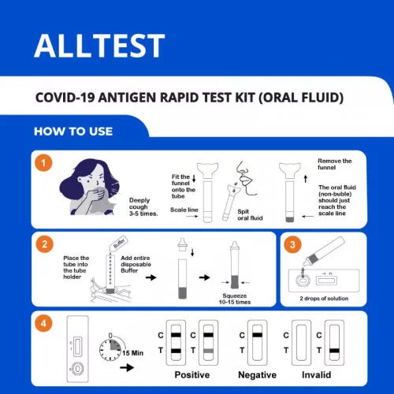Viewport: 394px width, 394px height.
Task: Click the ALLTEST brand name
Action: tap(99, 46)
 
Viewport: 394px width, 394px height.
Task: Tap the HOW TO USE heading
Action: tap(73, 132)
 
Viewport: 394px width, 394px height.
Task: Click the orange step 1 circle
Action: tap(43, 163)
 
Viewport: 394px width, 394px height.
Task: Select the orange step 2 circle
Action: tap(44, 244)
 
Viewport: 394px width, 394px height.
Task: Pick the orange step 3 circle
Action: tap(292, 245)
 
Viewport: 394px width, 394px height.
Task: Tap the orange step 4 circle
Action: tap(43, 323)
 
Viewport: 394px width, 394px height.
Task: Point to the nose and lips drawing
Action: tap(247, 178)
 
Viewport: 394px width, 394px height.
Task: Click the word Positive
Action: tap(192, 375)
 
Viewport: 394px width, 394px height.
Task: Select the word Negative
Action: tap(257, 375)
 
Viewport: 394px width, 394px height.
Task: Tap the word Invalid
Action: tap(316, 375)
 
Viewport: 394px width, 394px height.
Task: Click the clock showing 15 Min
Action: tap(110, 348)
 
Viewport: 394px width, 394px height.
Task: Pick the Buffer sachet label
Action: tap(120, 243)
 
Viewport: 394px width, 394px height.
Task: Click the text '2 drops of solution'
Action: tap(324, 299)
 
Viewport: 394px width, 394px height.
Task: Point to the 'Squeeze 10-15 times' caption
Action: tap(235, 299)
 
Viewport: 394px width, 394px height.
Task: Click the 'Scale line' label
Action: tap(184, 210)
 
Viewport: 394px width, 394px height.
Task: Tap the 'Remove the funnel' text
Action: tap(334, 164)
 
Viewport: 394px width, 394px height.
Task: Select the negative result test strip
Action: tap(258, 343)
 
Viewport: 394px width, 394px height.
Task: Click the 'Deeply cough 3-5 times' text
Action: tap(143, 207)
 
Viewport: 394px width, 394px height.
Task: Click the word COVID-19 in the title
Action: tap(65, 98)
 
